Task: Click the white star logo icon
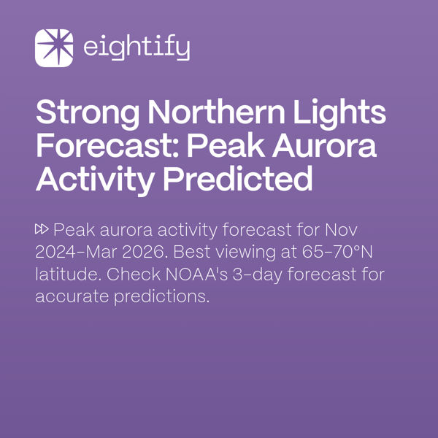(x=54, y=48)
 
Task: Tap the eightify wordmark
(x=137, y=49)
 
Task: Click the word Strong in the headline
(x=86, y=114)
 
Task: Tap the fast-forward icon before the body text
(x=42, y=231)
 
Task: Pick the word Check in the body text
(x=126, y=275)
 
